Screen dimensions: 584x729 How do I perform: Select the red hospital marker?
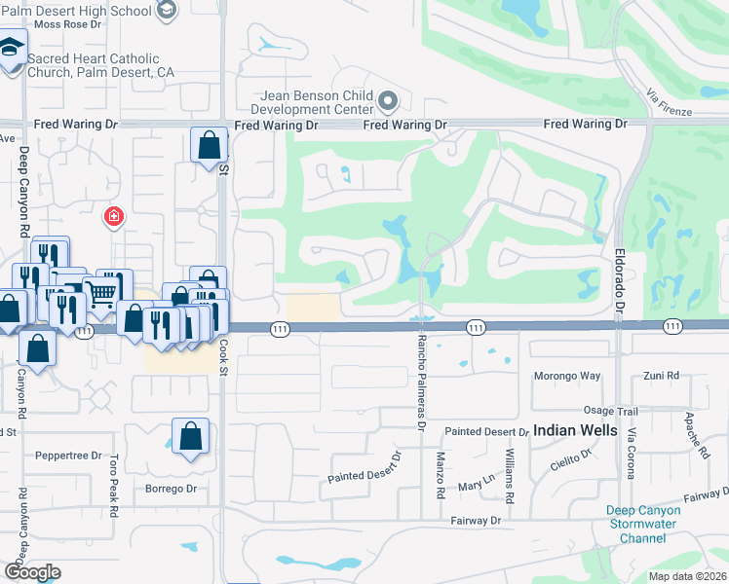[114, 215]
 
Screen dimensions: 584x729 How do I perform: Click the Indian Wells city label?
[575, 429]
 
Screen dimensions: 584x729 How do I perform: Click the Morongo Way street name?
[566, 376]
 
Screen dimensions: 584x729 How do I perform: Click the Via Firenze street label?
[669, 104]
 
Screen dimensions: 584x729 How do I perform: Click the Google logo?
[32, 572]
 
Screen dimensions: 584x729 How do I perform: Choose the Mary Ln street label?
[477, 485]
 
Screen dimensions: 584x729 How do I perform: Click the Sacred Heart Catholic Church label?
[100, 65]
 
